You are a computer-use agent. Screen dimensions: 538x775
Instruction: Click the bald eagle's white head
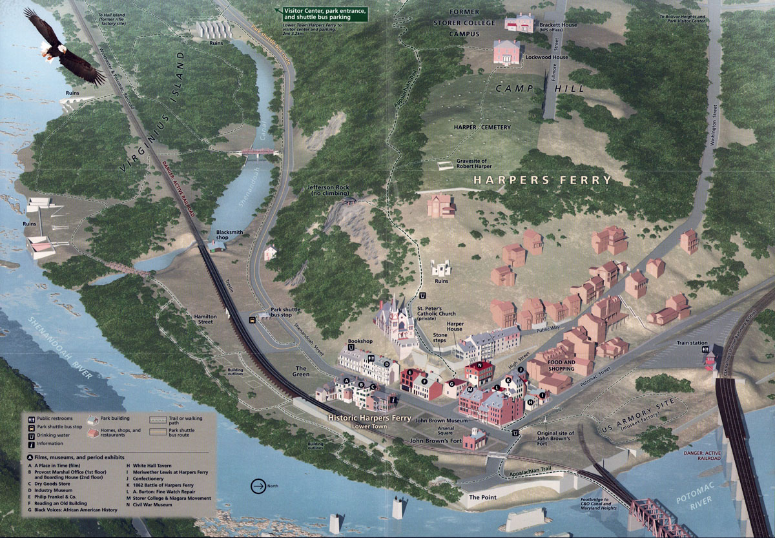click(x=55, y=47)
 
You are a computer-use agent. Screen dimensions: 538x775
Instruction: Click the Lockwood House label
click(x=551, y=57)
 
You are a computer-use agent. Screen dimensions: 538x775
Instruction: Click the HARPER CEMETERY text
click(x=482, y=127)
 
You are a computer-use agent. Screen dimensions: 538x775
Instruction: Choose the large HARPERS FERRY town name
click(x=542, y=180)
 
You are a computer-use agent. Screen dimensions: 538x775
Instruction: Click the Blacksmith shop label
click(x=232, y=234)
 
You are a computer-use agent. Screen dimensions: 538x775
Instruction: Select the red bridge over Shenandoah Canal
click(x=259, y=152)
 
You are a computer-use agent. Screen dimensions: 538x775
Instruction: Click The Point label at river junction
click(x=482, y=498)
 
